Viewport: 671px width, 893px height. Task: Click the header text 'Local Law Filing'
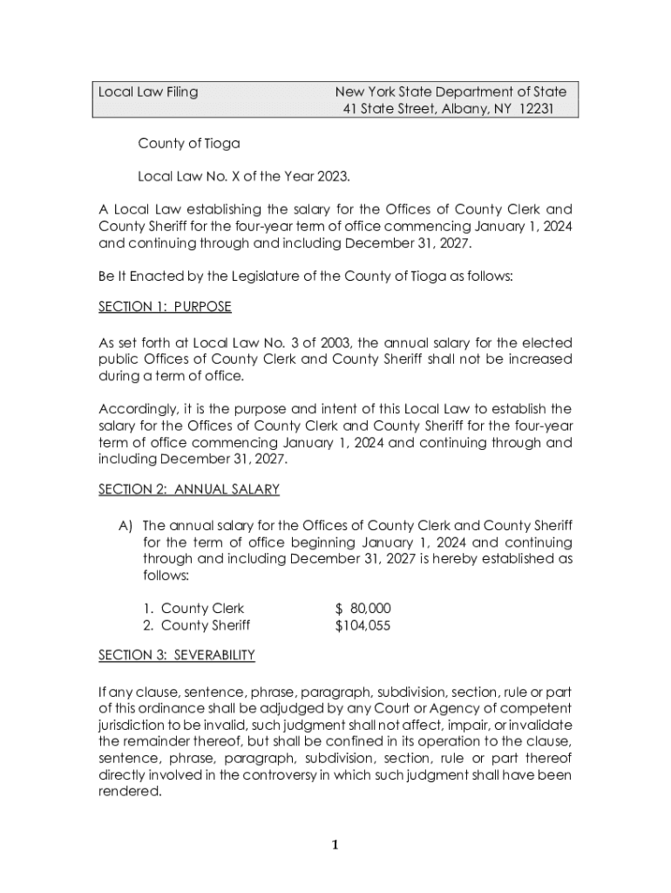[x=148, y=92]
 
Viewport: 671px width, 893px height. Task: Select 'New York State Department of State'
[x=451, y=92]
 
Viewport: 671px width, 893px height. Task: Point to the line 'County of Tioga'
[x=188, y=143]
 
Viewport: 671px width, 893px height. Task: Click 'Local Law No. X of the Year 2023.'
[x=244, y=177]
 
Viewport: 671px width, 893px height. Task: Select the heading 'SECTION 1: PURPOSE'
[x=165, y=308]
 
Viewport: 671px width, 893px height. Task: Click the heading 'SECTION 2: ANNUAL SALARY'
[x=188, y=489]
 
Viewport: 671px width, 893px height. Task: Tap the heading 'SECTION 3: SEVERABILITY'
[x=176, y=654]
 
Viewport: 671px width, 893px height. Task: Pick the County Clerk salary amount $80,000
[x=363, y=608]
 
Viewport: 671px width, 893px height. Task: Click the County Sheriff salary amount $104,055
[x=363, y=625]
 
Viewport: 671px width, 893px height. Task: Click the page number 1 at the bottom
[x=335, y=844]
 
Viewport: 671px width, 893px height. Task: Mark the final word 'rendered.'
[x=130, y=792]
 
